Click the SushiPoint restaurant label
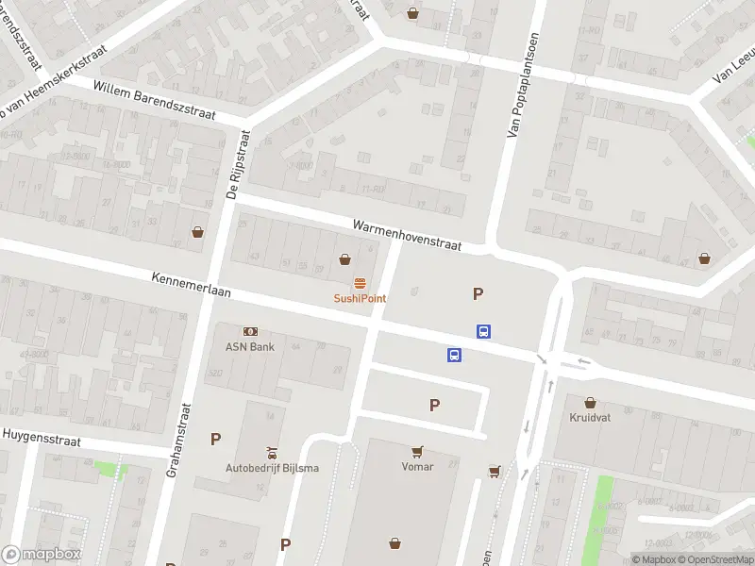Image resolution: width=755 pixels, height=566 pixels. pos(360,298)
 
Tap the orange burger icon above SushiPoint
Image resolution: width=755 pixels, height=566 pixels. pos(360,284)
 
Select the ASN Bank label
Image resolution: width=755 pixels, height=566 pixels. pos(250,346)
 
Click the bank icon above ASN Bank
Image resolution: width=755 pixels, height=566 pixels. pos(250,332)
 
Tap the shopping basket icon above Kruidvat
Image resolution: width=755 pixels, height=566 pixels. pos(591,402)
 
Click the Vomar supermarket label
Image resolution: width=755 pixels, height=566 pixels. pos(417,466)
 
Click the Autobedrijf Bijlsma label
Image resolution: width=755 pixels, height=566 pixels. pos(272,468)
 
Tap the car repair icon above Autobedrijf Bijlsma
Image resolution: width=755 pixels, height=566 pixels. pos(272,453)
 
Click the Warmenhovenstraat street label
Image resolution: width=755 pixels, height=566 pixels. pos(407,236)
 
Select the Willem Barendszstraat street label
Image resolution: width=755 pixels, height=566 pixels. pos(155,100)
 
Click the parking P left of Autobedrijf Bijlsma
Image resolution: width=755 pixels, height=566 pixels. pos(215,439)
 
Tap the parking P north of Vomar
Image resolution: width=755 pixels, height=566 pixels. pos(435,406)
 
